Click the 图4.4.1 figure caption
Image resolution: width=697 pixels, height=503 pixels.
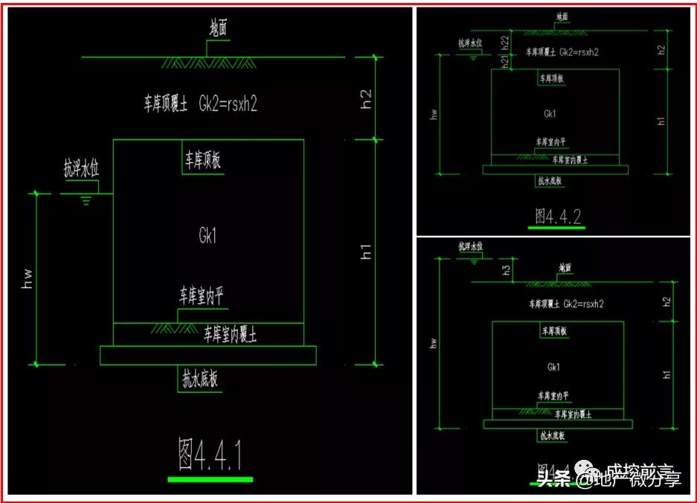(x=211, y=454)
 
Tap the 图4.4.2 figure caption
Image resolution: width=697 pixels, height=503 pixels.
(x=558, y=216)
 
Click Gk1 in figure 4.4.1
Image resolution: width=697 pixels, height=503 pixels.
(x=208, y=237)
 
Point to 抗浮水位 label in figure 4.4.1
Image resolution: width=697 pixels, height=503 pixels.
(x=81, y=170)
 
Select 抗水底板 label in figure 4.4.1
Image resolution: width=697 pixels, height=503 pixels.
(x=200, y=379)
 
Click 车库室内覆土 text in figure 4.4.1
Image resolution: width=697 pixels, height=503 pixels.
(x=231, y=336)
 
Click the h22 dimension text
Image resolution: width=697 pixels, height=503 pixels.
(x=505, y=43)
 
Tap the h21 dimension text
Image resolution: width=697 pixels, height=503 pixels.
(x=505, y=63)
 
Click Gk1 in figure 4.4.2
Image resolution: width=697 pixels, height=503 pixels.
(x=550, y=114)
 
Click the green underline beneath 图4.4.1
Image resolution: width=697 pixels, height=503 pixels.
(x=211, y=479)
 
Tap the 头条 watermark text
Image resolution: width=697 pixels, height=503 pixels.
(x=554, y=479)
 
